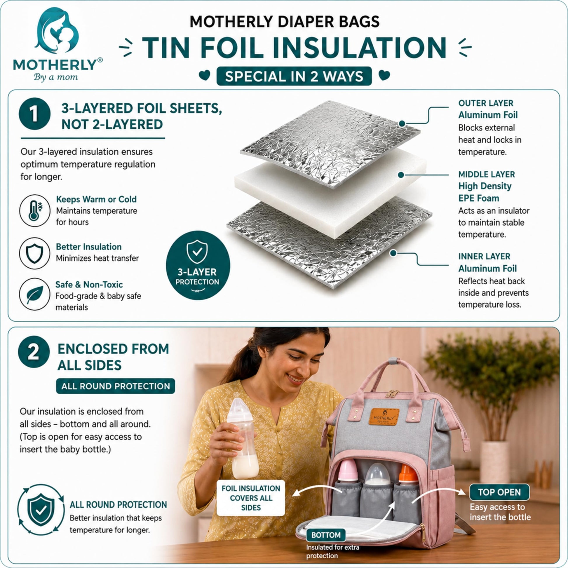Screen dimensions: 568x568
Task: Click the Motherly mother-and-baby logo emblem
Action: [56, 31]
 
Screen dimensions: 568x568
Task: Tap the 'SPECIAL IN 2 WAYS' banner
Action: [294, 76]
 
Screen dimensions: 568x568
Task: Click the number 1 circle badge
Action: [35, 114]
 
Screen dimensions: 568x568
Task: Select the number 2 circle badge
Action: [34, 352]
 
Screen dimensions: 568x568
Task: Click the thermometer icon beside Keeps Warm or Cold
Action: [35, 210]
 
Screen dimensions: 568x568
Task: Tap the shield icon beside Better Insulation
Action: [35, 253]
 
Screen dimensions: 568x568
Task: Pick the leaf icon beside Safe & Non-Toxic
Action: [35, 294]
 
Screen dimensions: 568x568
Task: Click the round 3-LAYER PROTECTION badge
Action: [198, 265]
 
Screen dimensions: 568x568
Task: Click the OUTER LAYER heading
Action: [486, 103]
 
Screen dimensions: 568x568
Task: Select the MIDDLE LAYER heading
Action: [487, 174]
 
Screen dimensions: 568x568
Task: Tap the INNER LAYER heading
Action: [484, 256]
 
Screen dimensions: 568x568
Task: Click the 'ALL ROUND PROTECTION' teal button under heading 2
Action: [116, 386]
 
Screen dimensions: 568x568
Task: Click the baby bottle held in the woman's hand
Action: [243, 438]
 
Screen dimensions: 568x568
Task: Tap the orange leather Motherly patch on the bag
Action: [384, 417]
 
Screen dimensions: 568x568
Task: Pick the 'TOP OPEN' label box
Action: [499, 492]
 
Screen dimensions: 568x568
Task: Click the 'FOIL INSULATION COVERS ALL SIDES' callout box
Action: [251, 498]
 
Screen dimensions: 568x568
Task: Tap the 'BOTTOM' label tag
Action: [326, 535]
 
